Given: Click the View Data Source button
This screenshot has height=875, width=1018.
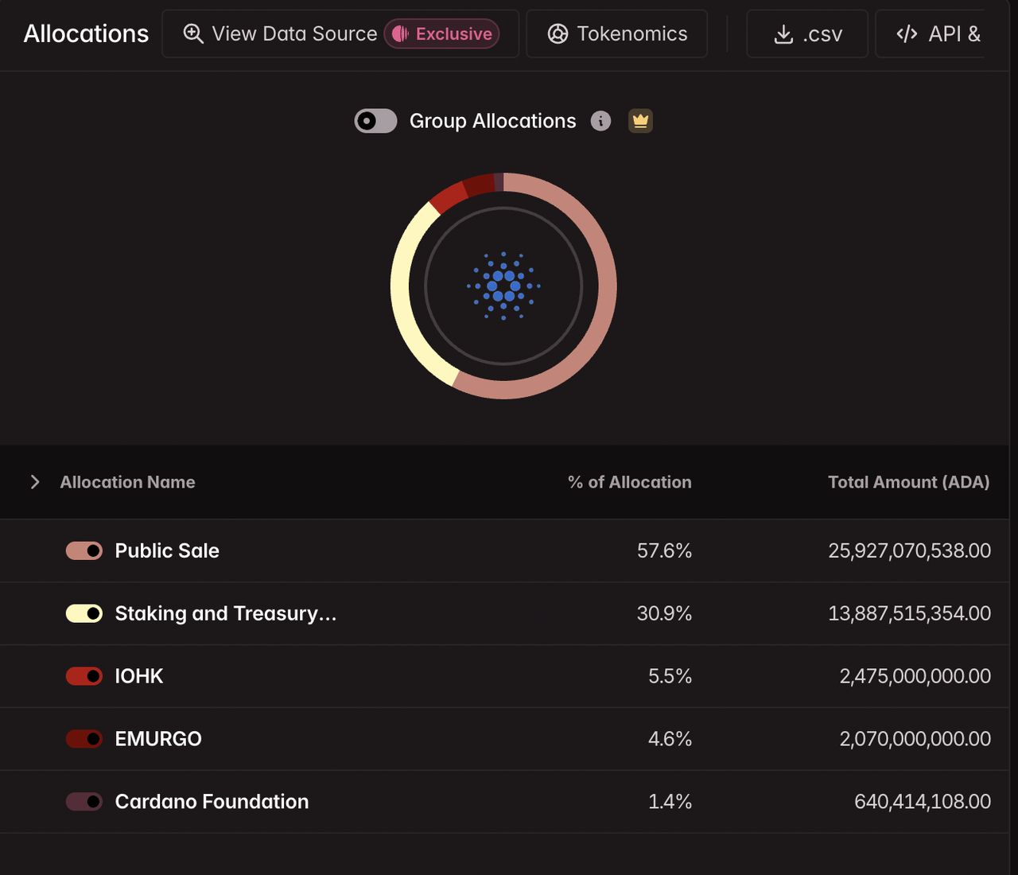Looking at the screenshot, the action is [340, 33].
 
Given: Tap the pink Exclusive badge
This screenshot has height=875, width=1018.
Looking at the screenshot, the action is [441, 33].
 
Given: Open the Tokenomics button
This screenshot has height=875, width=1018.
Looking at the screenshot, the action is [616, 33].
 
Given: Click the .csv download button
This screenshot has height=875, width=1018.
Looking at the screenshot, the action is [807, 33].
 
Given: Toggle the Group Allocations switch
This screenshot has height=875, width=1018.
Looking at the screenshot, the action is [375, 121].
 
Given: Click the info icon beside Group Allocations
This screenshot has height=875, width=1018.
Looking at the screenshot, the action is [600, 121].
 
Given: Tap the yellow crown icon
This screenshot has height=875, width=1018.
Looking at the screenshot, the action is [640, 121].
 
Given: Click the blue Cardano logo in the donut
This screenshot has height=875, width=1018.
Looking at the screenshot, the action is [503, 286].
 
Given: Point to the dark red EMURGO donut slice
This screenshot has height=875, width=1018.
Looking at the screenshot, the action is [479, 185].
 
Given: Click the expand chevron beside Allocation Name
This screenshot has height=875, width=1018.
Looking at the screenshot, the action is [34, 482].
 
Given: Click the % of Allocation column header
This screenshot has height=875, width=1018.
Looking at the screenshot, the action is [629, 482].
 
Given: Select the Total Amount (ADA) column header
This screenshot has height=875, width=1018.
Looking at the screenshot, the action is [909, 482].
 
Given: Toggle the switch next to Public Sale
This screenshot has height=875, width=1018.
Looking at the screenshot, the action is [84, 550].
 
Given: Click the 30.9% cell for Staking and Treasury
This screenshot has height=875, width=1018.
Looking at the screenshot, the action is [664, 613].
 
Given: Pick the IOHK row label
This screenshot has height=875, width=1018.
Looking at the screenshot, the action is [139, 676].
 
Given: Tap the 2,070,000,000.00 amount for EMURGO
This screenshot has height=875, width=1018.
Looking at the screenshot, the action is [915, 738].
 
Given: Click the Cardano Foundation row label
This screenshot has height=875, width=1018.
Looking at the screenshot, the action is [212, 802].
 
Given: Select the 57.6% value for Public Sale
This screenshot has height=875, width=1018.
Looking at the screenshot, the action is [664, 550].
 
